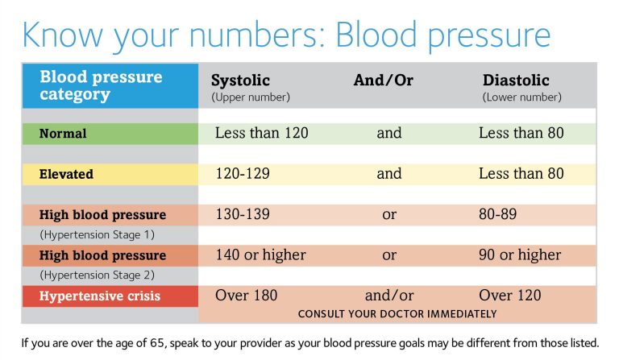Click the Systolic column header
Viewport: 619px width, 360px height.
[240, 81]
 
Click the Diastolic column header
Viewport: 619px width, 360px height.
[516, 81]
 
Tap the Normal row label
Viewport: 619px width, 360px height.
[63, 134]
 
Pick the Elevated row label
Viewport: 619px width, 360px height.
[66, 174]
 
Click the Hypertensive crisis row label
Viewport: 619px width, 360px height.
[100, 296]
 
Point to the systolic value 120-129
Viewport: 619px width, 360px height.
[243, 173]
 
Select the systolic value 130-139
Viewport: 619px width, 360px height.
[243, 214]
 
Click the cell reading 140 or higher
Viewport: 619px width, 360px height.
[260, 254]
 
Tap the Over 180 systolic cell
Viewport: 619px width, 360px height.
[246, 295]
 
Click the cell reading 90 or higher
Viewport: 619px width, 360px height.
[520, 254]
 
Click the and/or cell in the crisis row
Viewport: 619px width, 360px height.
[389, 295]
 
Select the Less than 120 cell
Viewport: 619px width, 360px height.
[261, 133]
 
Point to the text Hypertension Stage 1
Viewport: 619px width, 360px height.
[97, 234]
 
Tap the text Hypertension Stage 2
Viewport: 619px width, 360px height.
[97, 275]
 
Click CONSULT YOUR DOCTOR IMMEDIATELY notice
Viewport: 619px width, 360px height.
[397, 313]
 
